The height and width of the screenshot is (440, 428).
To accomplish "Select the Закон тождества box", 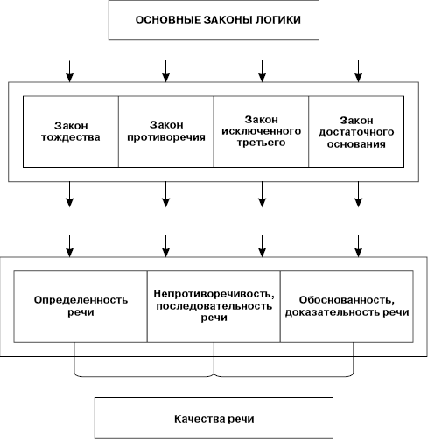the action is tap(71, 132).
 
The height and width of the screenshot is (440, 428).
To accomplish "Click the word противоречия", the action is tap(166, 137).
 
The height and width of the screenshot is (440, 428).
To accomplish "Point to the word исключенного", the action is tap(261, 131).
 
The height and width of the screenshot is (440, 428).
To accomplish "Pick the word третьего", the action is tap(261, 143).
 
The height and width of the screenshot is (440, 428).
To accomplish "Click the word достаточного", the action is tap(356, 132).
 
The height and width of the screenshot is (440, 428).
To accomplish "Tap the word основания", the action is tap(356, 144).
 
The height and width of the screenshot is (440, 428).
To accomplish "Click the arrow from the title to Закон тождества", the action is tap(69, 72).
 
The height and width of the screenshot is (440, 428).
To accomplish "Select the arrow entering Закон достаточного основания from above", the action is tap(358, 72).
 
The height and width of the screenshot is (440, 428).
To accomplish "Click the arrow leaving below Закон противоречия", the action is tap(165, 194).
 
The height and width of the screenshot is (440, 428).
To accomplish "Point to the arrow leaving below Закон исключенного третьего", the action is tap(262, 194).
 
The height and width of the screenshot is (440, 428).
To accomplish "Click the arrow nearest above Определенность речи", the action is tap(69, 247).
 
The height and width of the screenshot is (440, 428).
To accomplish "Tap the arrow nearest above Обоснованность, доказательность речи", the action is tap(358, 247).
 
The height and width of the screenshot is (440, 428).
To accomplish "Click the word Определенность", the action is tap(81, 300).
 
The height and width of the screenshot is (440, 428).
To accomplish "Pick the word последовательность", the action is tap(214, 306).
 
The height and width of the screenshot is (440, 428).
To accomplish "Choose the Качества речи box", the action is tap(214, 418).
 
